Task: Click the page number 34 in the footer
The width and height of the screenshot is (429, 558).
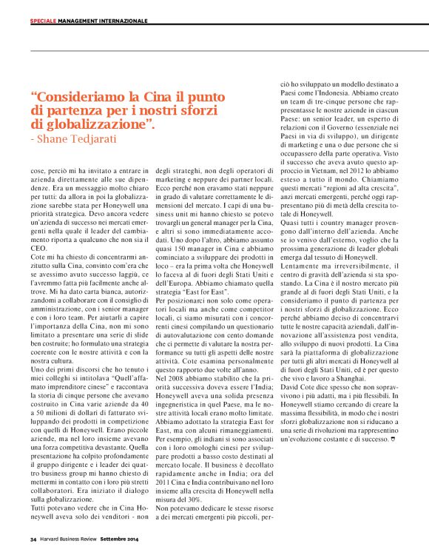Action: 33,539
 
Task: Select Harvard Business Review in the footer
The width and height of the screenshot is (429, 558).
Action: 75,539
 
